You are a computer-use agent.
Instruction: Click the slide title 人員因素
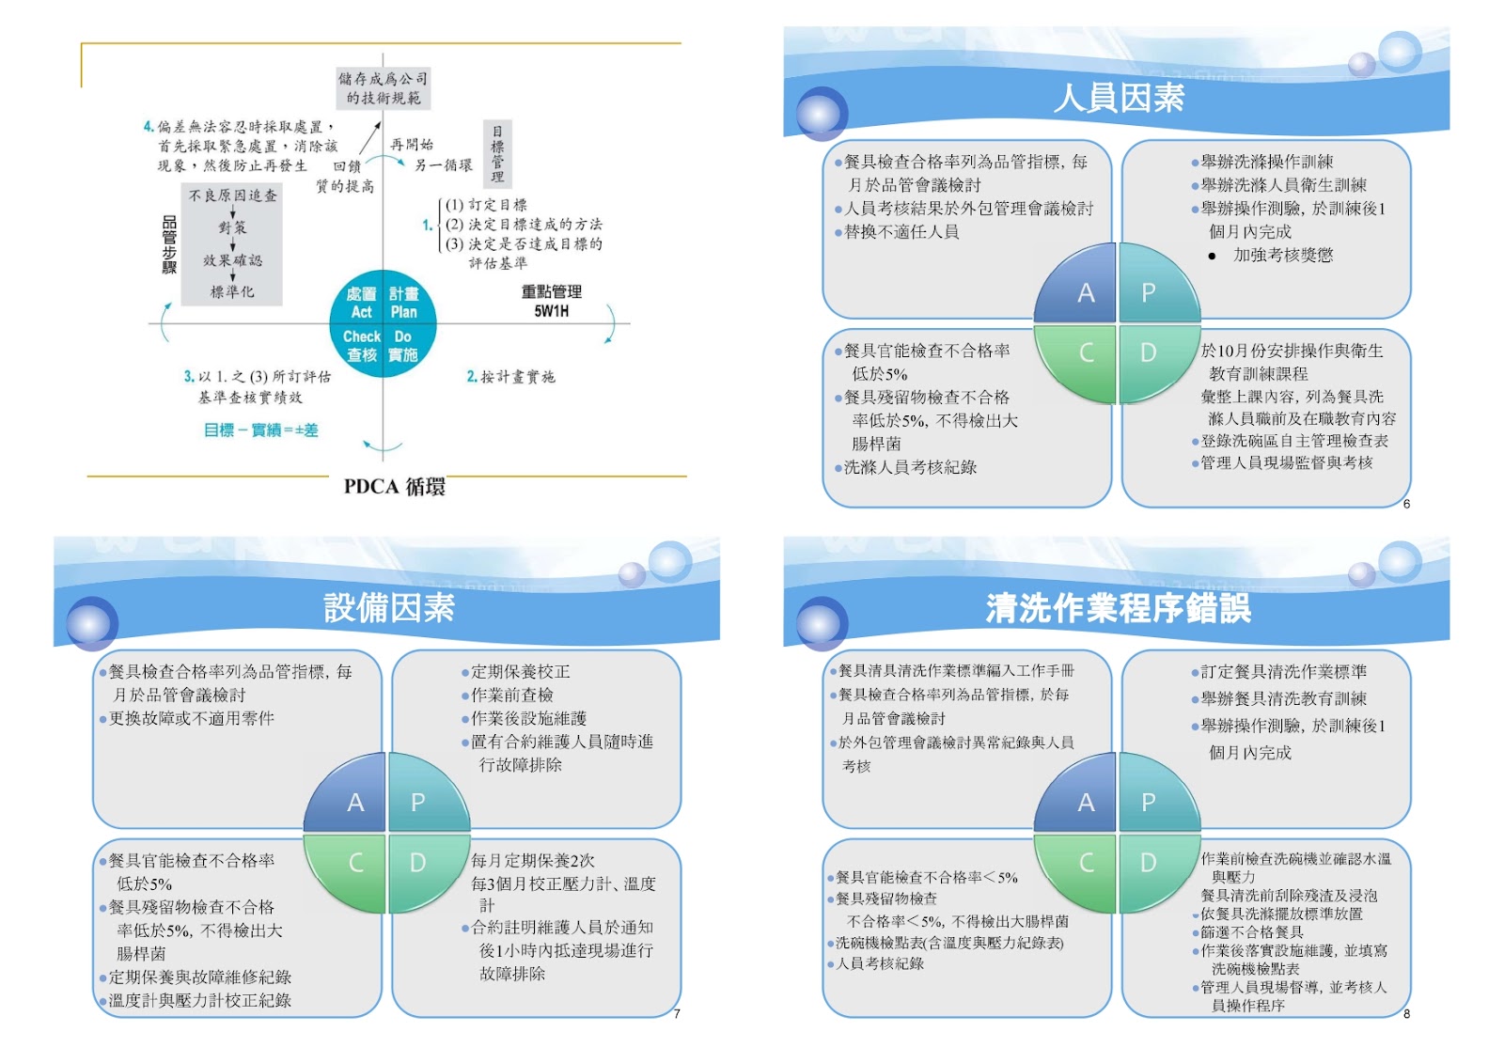[1118, 98]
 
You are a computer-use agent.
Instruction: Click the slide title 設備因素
[388, 608]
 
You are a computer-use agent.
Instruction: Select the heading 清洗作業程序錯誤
[1118, 608]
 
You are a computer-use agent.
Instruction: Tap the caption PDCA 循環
[394, 487]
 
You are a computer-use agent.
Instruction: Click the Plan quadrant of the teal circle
[404, 303]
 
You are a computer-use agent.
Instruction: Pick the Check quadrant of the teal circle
[362, 345]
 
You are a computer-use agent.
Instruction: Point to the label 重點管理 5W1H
[551, 301]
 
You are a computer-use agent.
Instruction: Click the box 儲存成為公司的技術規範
[383, 88]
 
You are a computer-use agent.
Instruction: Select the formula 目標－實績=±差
[260, 430]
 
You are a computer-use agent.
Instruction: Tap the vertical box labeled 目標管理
[497, 152]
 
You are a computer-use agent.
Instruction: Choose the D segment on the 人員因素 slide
[1149, 353]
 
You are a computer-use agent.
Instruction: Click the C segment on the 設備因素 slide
[355, 863]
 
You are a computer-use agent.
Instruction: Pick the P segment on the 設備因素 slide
[418, 802]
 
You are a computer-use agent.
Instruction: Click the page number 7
[677, 1013]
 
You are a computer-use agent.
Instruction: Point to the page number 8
[1406, 1013]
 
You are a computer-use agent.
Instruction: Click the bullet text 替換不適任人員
[901, 232]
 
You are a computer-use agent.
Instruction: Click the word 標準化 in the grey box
[232, 291]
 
